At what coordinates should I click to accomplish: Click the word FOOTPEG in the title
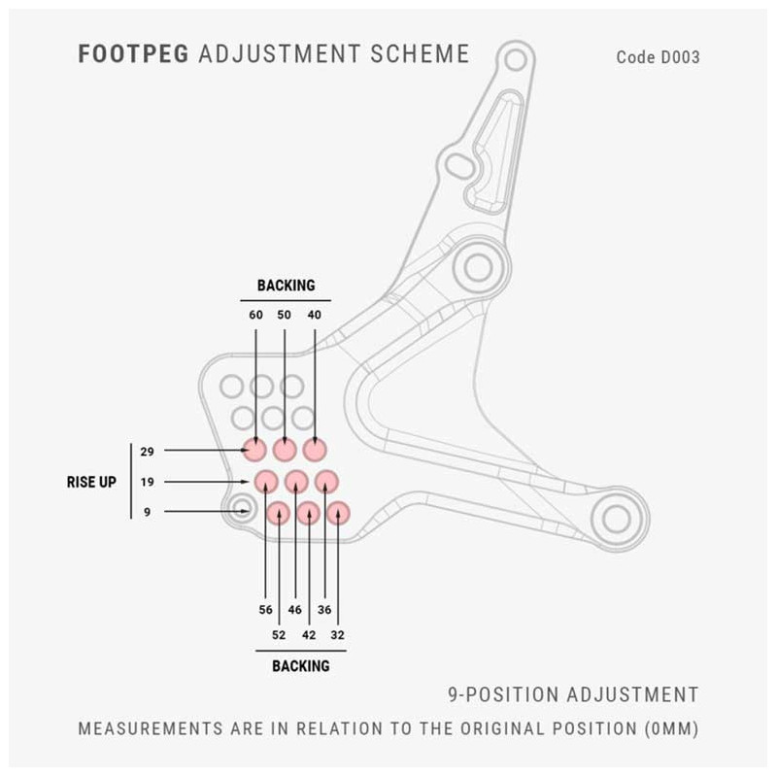click(133, 54)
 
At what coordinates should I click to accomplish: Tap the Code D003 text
click(659, 57)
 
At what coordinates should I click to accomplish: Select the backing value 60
click(255, 315)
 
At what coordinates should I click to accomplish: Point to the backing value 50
click(284, 315)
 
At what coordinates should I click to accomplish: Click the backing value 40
click(314, 315)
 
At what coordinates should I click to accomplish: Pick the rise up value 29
click(148, 452)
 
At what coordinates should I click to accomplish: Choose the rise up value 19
click(148, 482)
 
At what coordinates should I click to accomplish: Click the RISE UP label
click(91, 482)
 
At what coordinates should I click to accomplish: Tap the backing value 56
click(265, 610)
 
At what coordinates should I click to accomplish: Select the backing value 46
click(295, 610)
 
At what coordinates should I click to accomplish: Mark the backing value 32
click(337, 635)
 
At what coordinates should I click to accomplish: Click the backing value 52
click(279, 635)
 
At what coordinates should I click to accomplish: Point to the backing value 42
click(309, 635)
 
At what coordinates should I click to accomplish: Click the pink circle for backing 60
click(255, 450)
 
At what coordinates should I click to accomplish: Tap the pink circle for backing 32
click(338, 514)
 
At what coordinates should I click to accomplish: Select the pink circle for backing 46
click(296, 481)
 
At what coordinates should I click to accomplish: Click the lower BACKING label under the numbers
click(301, 666)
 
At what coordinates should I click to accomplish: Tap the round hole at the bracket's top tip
click(516, 60)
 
